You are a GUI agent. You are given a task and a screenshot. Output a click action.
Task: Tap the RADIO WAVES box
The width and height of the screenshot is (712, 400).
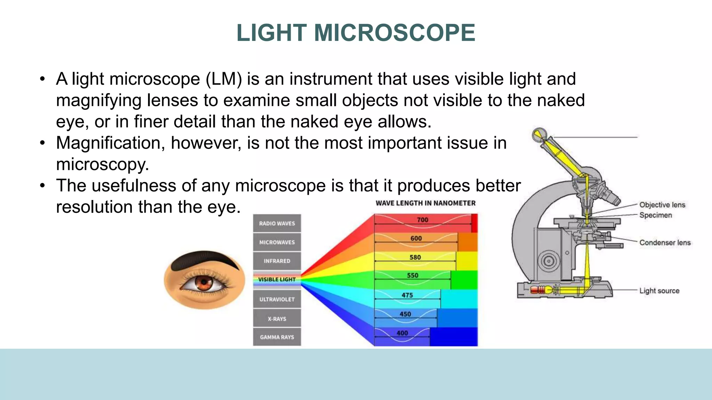pos(277,223)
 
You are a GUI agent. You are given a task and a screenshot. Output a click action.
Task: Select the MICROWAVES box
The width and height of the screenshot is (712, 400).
pos(277,242)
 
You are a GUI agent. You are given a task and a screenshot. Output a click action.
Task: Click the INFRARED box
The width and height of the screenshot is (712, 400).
pos(277,261)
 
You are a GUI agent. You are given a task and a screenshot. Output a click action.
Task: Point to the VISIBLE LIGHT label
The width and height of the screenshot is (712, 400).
pos(277,280)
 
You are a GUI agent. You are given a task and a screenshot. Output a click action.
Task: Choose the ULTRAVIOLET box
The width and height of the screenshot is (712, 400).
pos(277,299)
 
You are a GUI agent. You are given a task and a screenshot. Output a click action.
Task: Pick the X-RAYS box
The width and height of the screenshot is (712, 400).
pos(277,318)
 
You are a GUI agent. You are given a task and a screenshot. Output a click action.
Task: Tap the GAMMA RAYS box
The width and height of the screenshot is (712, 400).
pos(277,337)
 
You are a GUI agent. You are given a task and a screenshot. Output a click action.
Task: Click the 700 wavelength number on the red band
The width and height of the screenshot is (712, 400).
pos(422,220)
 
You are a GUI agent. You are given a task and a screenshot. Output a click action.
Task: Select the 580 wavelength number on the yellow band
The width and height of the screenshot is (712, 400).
pos(415,257)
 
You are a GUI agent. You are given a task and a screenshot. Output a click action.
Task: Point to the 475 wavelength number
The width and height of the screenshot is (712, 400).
pos(407,295)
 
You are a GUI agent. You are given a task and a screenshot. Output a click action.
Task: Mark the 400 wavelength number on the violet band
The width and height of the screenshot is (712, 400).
pos(402,333)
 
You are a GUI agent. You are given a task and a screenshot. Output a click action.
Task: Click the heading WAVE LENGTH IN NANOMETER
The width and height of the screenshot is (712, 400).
pos(426,203)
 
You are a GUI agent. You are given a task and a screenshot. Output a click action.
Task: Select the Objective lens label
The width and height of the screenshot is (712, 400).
pos(662,205)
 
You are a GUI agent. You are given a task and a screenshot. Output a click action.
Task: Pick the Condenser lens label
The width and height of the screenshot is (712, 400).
pos(665,243)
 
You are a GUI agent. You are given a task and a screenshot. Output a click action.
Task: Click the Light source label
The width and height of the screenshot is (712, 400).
pos(659,291)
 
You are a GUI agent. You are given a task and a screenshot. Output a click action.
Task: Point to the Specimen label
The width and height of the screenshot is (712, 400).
pos(655,215)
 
